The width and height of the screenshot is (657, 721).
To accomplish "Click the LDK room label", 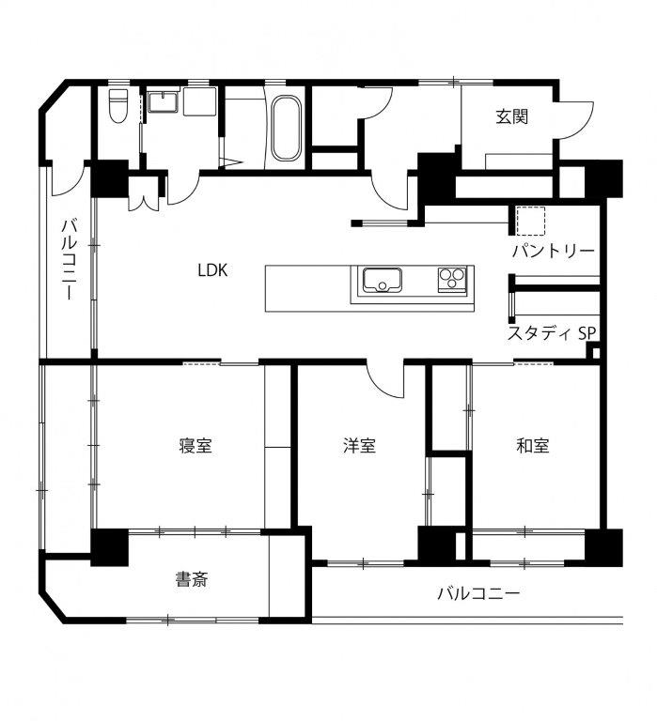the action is [x=212, y=270].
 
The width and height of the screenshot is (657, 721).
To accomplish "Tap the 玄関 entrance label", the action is [x=511, y=116].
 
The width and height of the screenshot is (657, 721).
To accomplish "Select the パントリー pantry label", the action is [x=554, y=251].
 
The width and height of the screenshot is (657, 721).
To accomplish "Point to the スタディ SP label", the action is [x=552, y=333].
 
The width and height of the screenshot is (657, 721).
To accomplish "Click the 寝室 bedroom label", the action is [x=196, y=446].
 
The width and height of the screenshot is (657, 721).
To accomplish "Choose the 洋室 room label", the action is [x=359, y=446].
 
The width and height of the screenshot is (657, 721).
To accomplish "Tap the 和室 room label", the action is [x=533, y=446].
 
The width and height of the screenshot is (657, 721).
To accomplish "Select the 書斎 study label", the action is [x=192, y=579].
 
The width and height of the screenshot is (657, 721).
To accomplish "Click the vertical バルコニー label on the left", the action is [x=69, y=260].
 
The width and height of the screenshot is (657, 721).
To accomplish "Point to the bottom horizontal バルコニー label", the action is [x=478, y=593].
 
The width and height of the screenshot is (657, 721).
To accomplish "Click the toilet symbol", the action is [x=118, y=106].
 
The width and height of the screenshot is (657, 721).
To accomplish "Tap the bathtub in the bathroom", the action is [x=286, y=128].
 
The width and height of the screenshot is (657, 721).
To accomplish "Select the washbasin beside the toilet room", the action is [x=163, y=101].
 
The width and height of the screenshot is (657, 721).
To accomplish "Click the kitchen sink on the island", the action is [x=383, y=280].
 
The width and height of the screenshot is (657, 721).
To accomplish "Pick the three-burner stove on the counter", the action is [x=452, y=279].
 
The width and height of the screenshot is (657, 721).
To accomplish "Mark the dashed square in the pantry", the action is [x=530, y=222].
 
